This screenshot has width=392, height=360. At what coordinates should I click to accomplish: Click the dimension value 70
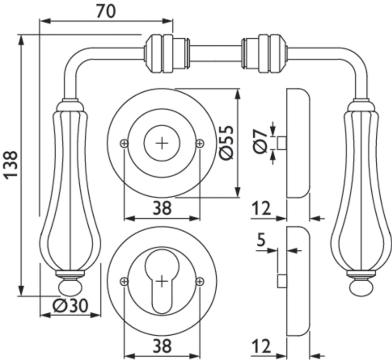(x=106, y=11)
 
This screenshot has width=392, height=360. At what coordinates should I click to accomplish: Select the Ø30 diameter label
(x=70, y=306)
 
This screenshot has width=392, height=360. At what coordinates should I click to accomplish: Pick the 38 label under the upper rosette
(x=162, y=208)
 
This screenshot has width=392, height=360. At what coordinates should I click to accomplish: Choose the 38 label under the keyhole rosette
(x=162, y=346)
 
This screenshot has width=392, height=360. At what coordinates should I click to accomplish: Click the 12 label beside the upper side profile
(x=261, y=208)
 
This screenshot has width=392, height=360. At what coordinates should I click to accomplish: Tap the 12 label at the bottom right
(x=261, y=346)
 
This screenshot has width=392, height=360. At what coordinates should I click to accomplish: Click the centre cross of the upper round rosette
(x=162, y=143)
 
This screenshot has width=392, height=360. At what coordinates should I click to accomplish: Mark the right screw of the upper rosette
(x=200, y=143)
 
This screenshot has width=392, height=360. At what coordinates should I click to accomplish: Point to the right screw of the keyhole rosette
(x=200, y=281)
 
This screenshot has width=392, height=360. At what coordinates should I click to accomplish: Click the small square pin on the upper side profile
(x=282, y=143)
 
